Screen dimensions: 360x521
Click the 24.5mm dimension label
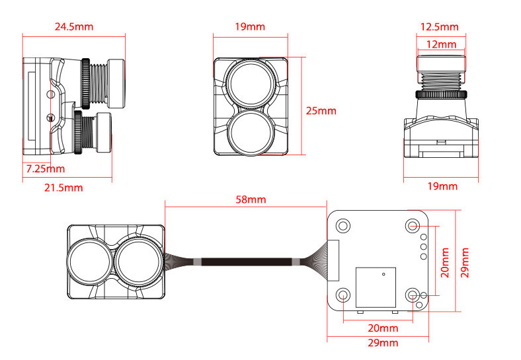(74, 27)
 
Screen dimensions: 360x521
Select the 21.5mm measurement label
(63, 188)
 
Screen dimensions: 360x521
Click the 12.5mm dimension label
(440, 27)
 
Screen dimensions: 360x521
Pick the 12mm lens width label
(441, 45)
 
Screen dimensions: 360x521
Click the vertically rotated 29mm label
(467, 262)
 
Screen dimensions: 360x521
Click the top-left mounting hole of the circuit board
(343, 226)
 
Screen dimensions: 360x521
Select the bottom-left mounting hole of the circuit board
(343, 295)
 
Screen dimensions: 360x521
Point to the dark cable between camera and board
(245, 262)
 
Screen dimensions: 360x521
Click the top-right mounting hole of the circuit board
(413, 226)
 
